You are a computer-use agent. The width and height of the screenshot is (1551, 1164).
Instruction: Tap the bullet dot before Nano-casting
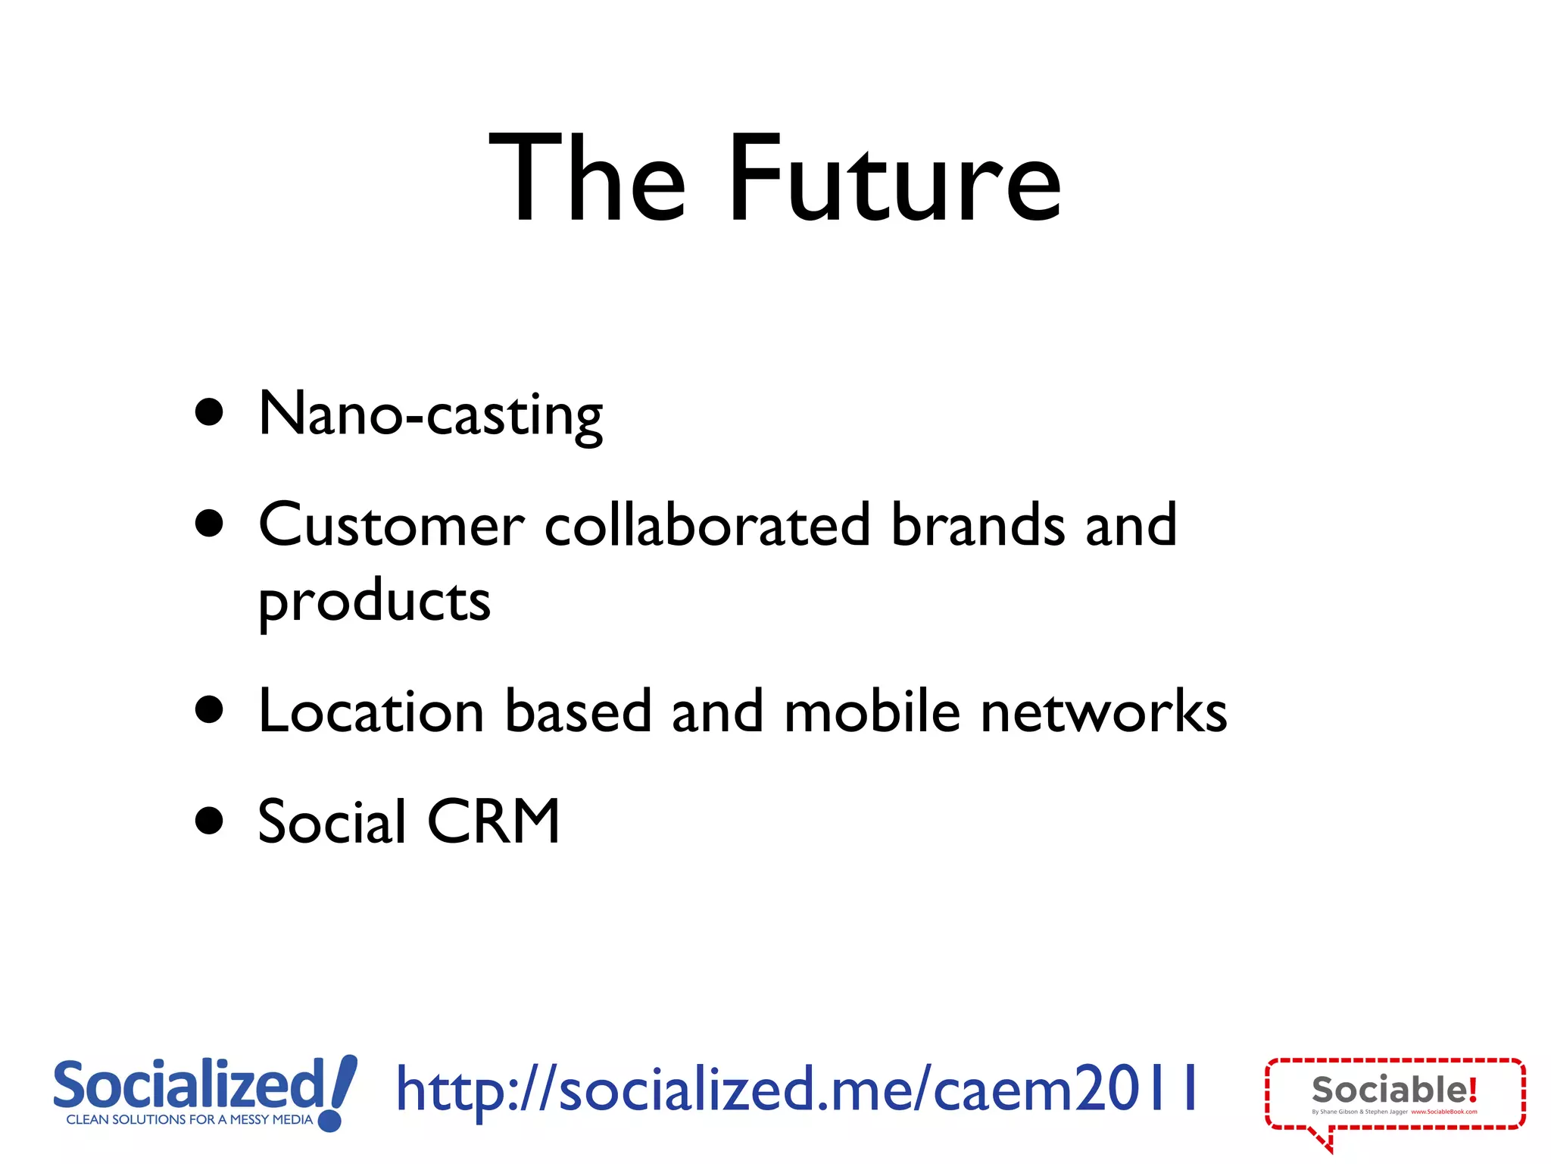coord(209,413)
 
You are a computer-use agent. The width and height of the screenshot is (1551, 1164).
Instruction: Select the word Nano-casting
coord(430,415)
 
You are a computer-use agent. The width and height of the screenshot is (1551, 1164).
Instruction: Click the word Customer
coord(391,525)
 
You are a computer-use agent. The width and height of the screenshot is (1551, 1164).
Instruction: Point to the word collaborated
coord(707,525)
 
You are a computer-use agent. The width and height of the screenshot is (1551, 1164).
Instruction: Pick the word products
coord(374,602)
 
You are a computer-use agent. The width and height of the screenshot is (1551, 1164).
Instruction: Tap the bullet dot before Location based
coord(209,710)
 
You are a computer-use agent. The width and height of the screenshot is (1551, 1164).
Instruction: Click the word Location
coord(371,712)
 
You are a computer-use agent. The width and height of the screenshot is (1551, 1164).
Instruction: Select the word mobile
coord(872,712)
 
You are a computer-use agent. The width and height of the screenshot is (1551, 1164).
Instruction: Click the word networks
coord(1103,712)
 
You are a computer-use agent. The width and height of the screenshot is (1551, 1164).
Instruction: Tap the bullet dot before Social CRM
coord(209,821)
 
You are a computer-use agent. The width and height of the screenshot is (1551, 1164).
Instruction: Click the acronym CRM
coord(494,821)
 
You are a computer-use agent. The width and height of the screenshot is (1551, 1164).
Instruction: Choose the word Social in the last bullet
coord(332,821)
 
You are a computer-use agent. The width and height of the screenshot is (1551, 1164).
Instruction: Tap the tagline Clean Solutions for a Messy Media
coord(189,1119)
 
